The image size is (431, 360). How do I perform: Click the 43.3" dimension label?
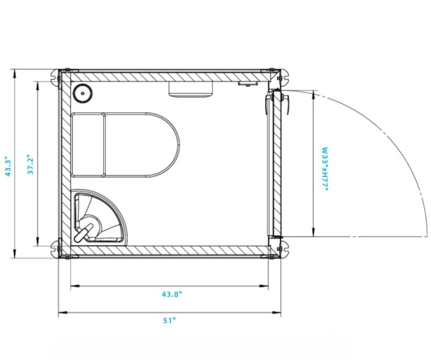pos(8,167)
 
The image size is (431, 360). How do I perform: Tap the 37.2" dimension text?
pos(30,165)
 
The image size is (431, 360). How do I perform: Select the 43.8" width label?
pos(172,294)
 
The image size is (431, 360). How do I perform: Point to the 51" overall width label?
pos(169,320)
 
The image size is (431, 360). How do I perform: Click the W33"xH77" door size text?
pos(325,169)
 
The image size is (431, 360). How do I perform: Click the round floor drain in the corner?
pos(82,93)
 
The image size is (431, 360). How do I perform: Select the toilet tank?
pos(88,145)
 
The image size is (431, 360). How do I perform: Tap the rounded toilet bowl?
pos(142,145)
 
